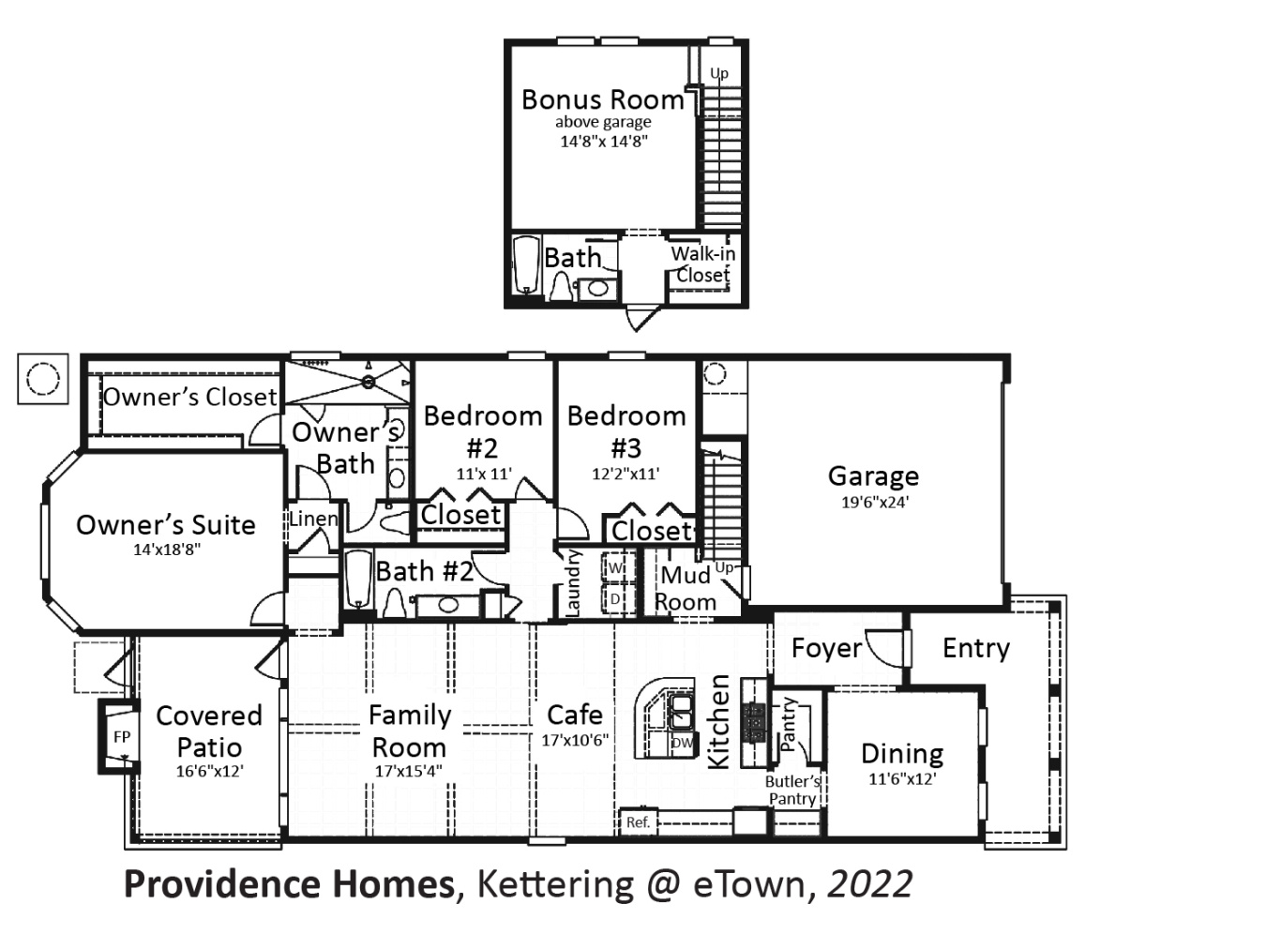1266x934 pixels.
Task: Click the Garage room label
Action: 873,476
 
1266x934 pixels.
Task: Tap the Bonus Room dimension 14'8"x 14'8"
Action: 604,142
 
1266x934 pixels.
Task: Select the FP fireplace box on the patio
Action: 121,737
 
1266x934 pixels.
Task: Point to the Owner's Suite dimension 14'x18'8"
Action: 166,550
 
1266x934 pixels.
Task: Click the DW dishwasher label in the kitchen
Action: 682,744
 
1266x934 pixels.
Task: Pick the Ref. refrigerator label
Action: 638,822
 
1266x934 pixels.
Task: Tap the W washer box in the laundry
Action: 616,568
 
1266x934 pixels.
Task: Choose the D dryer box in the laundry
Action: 616,598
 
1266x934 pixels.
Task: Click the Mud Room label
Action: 686,588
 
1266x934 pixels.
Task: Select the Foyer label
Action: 826,648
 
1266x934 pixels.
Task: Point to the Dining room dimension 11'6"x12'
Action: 902,778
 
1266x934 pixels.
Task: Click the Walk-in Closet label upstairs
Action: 703,264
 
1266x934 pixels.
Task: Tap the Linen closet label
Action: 313,519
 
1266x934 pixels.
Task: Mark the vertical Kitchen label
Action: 718,722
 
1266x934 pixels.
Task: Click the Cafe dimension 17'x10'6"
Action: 575,740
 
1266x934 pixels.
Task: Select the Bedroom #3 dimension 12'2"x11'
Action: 625,475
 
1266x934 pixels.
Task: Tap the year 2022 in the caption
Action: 869,884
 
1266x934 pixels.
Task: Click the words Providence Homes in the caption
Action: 289,884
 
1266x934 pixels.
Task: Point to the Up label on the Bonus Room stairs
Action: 718,73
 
